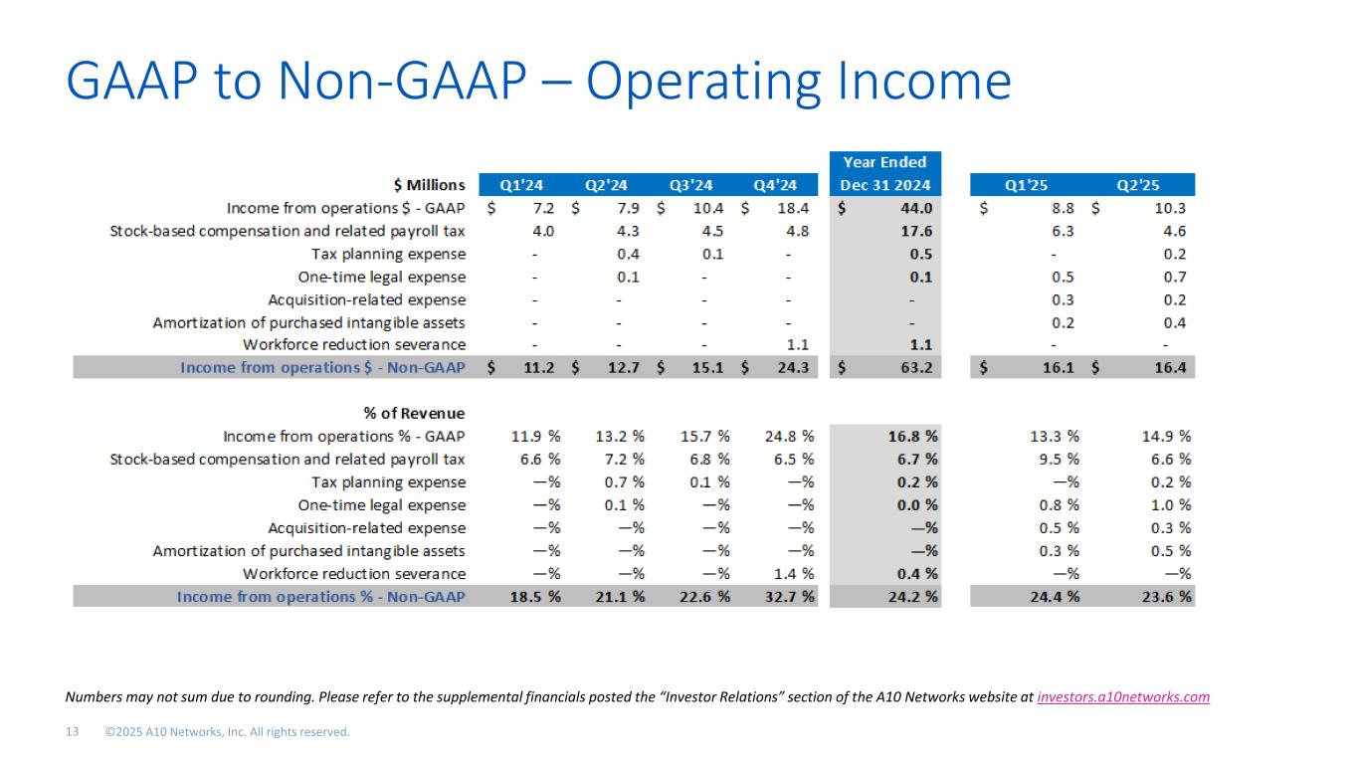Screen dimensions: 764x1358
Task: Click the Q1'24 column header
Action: (521, 185)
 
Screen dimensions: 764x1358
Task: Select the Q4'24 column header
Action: (775, 185)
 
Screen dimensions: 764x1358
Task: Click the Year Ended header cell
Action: (884, 162)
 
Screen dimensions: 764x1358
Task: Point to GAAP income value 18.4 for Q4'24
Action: (792, 209)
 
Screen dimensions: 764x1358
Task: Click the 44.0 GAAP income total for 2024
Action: (915, 209)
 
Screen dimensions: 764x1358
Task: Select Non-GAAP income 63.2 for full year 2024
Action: (915, 368)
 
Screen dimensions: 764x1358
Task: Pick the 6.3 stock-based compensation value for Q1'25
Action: (1061, 232)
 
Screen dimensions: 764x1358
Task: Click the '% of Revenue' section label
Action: (414, 414)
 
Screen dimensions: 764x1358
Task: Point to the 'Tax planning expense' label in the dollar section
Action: (388, 255)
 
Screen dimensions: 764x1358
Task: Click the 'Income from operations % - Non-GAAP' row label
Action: (320, 597)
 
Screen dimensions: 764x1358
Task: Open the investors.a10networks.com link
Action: (1123, 697)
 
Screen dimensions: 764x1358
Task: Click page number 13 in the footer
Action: (73, 733)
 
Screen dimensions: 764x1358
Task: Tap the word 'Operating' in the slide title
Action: (711, 83)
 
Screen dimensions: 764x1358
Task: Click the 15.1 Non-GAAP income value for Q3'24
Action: (707, 368)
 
